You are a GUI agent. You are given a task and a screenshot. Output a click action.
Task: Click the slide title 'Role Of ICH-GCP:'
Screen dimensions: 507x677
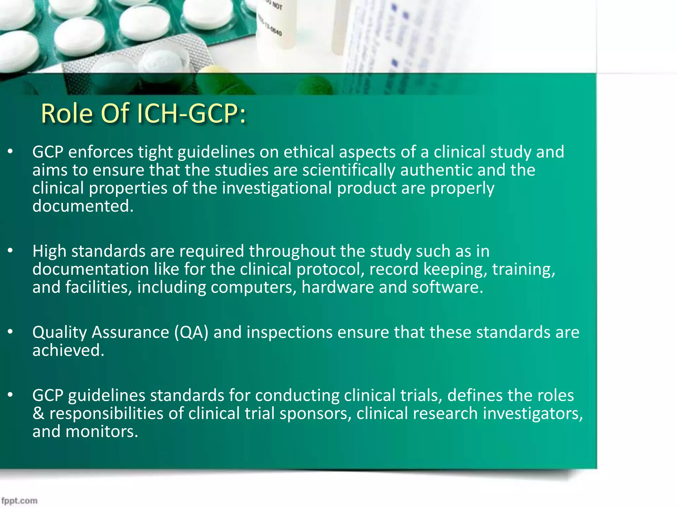click(x=143, y=114)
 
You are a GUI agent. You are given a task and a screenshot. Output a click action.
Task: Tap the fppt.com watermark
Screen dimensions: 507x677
click(x=19, y=501)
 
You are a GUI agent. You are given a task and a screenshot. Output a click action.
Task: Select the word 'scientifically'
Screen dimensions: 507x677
click(x=348, y=170)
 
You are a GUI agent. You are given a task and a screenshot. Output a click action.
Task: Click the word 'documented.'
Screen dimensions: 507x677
click(x=83, y=206)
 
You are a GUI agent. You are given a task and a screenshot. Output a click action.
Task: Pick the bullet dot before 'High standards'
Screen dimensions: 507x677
click(x=11, y=251)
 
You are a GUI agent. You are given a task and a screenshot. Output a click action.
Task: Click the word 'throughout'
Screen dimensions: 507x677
click(x=292, y=251)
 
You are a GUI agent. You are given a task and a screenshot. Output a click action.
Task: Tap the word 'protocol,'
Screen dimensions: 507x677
click(x=330, y=269)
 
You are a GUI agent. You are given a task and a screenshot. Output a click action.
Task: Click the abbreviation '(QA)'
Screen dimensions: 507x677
click(x=191, y=332)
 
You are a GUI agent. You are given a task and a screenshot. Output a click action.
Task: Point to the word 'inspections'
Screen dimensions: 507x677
click(x=289, y=332)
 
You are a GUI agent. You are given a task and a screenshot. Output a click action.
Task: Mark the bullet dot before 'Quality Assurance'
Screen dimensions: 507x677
click(x=11, y=332)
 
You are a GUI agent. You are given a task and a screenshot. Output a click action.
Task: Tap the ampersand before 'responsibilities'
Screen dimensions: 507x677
click(x=38, y=413)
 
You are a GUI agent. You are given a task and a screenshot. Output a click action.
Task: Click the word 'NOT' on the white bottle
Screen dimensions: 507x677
click(x=277, y=6)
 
